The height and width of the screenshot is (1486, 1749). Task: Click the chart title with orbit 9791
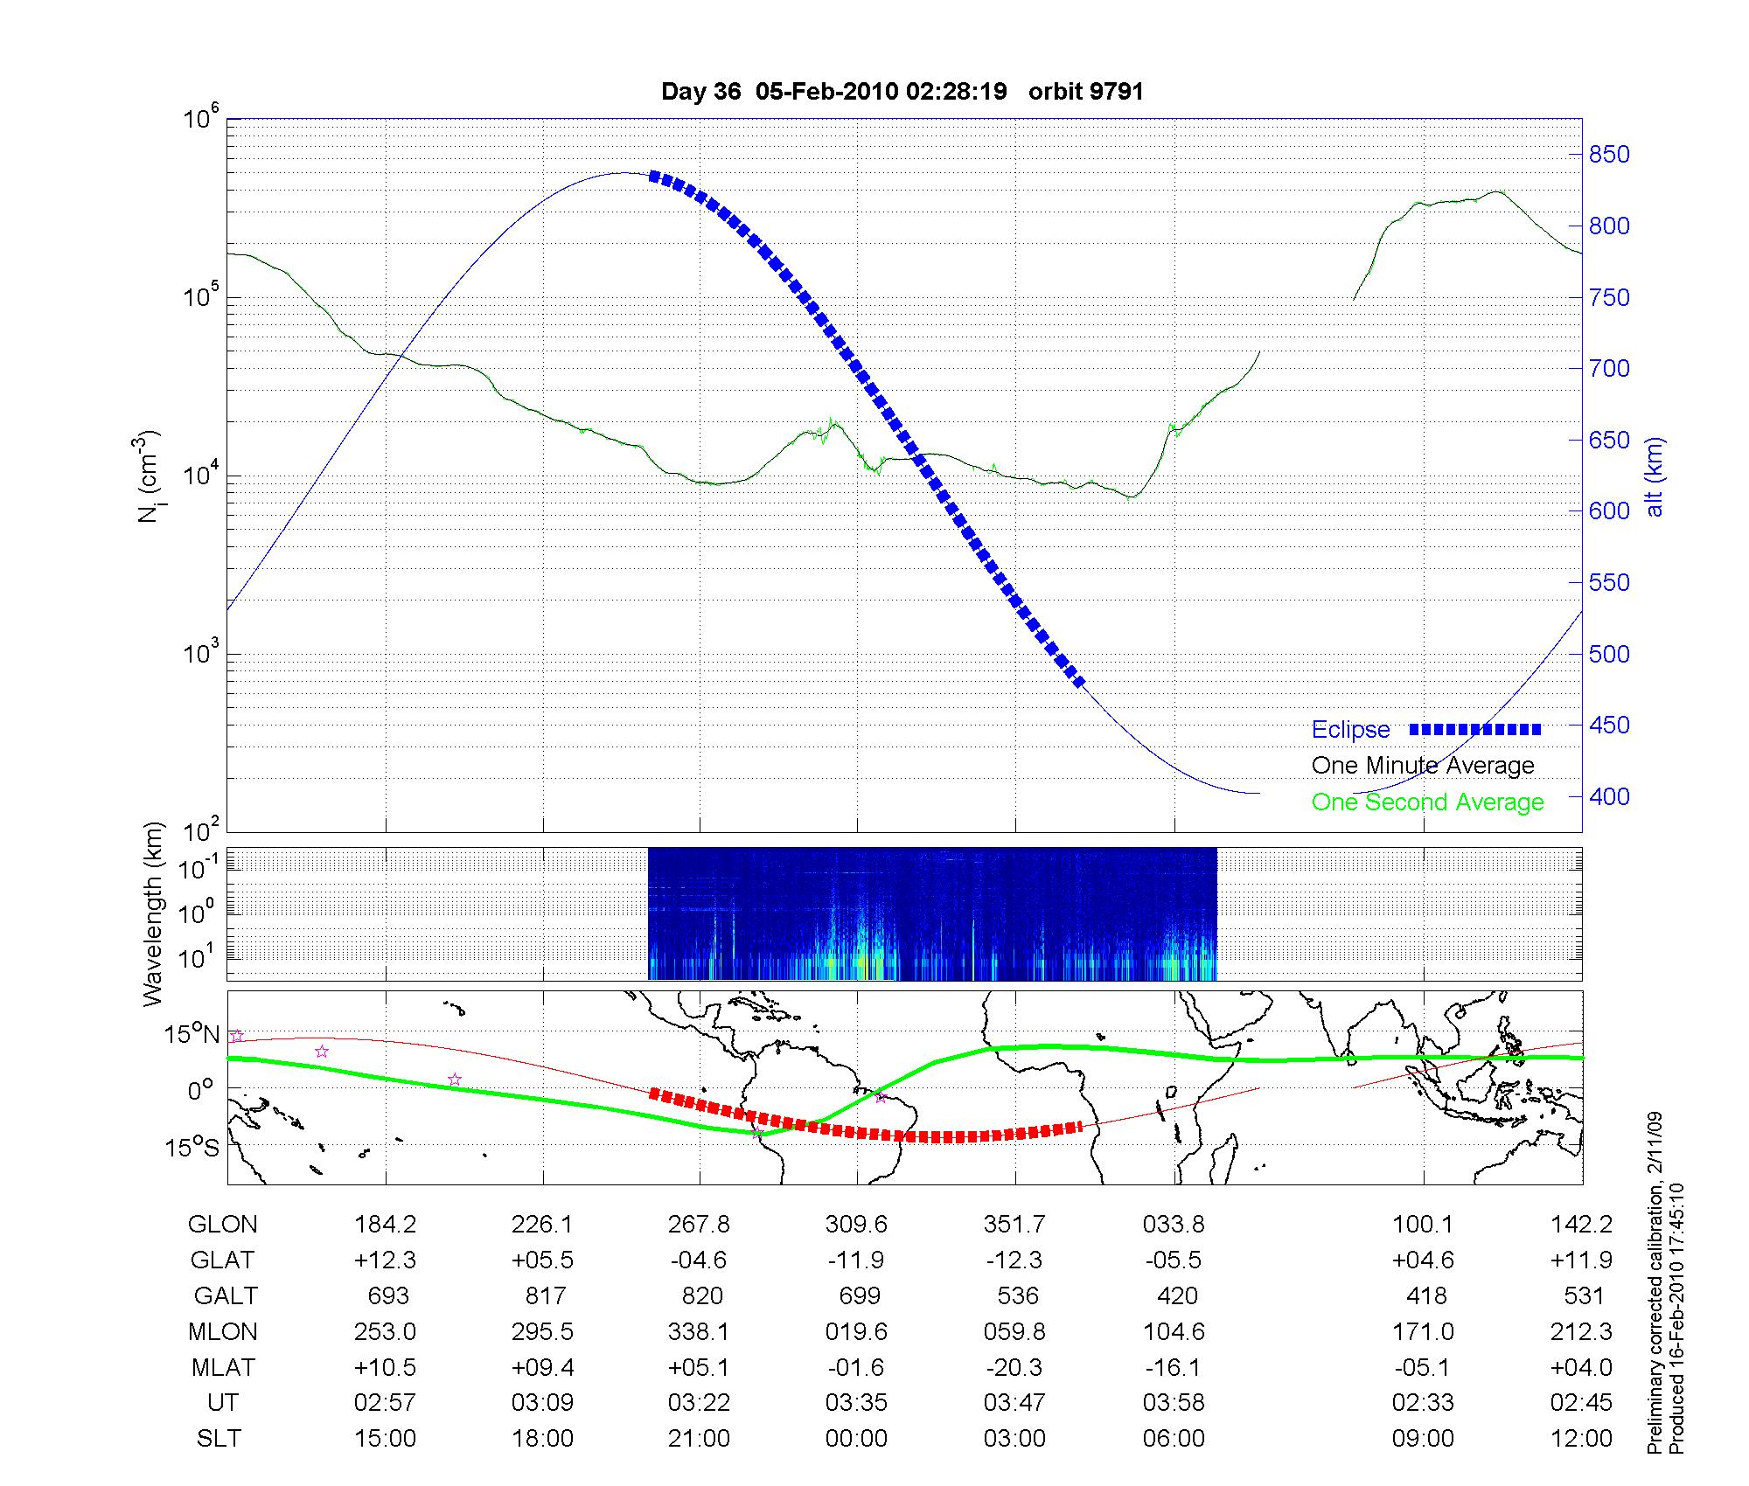pos(902,92)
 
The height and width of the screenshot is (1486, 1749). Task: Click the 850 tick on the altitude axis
pos(1608,155)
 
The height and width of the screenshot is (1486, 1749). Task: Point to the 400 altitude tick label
pos(1608,796)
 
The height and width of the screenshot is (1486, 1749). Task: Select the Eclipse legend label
pos(1350,730)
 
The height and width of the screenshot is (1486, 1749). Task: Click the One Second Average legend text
pos(1427,802)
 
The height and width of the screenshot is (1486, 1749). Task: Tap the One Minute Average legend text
pos(1423,766)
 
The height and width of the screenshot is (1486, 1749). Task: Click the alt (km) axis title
pos(1655,476)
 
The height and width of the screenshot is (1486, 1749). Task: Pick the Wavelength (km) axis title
pos(153,914)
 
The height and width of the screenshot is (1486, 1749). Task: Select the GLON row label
pos(222,1225)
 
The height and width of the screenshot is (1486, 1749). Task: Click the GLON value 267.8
pos(699,1225)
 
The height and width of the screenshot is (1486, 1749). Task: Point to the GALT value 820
pos(701,1295)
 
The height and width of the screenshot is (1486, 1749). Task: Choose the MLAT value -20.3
pos(1014,1367)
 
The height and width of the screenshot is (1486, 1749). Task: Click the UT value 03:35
pos(856,1403)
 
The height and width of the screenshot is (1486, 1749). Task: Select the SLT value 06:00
pos(1174,1439)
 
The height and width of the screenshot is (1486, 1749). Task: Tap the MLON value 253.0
pos(385,1331)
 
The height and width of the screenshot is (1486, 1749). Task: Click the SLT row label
pos(219,1439)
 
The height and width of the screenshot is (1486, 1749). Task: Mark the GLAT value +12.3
pos(385,1260)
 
